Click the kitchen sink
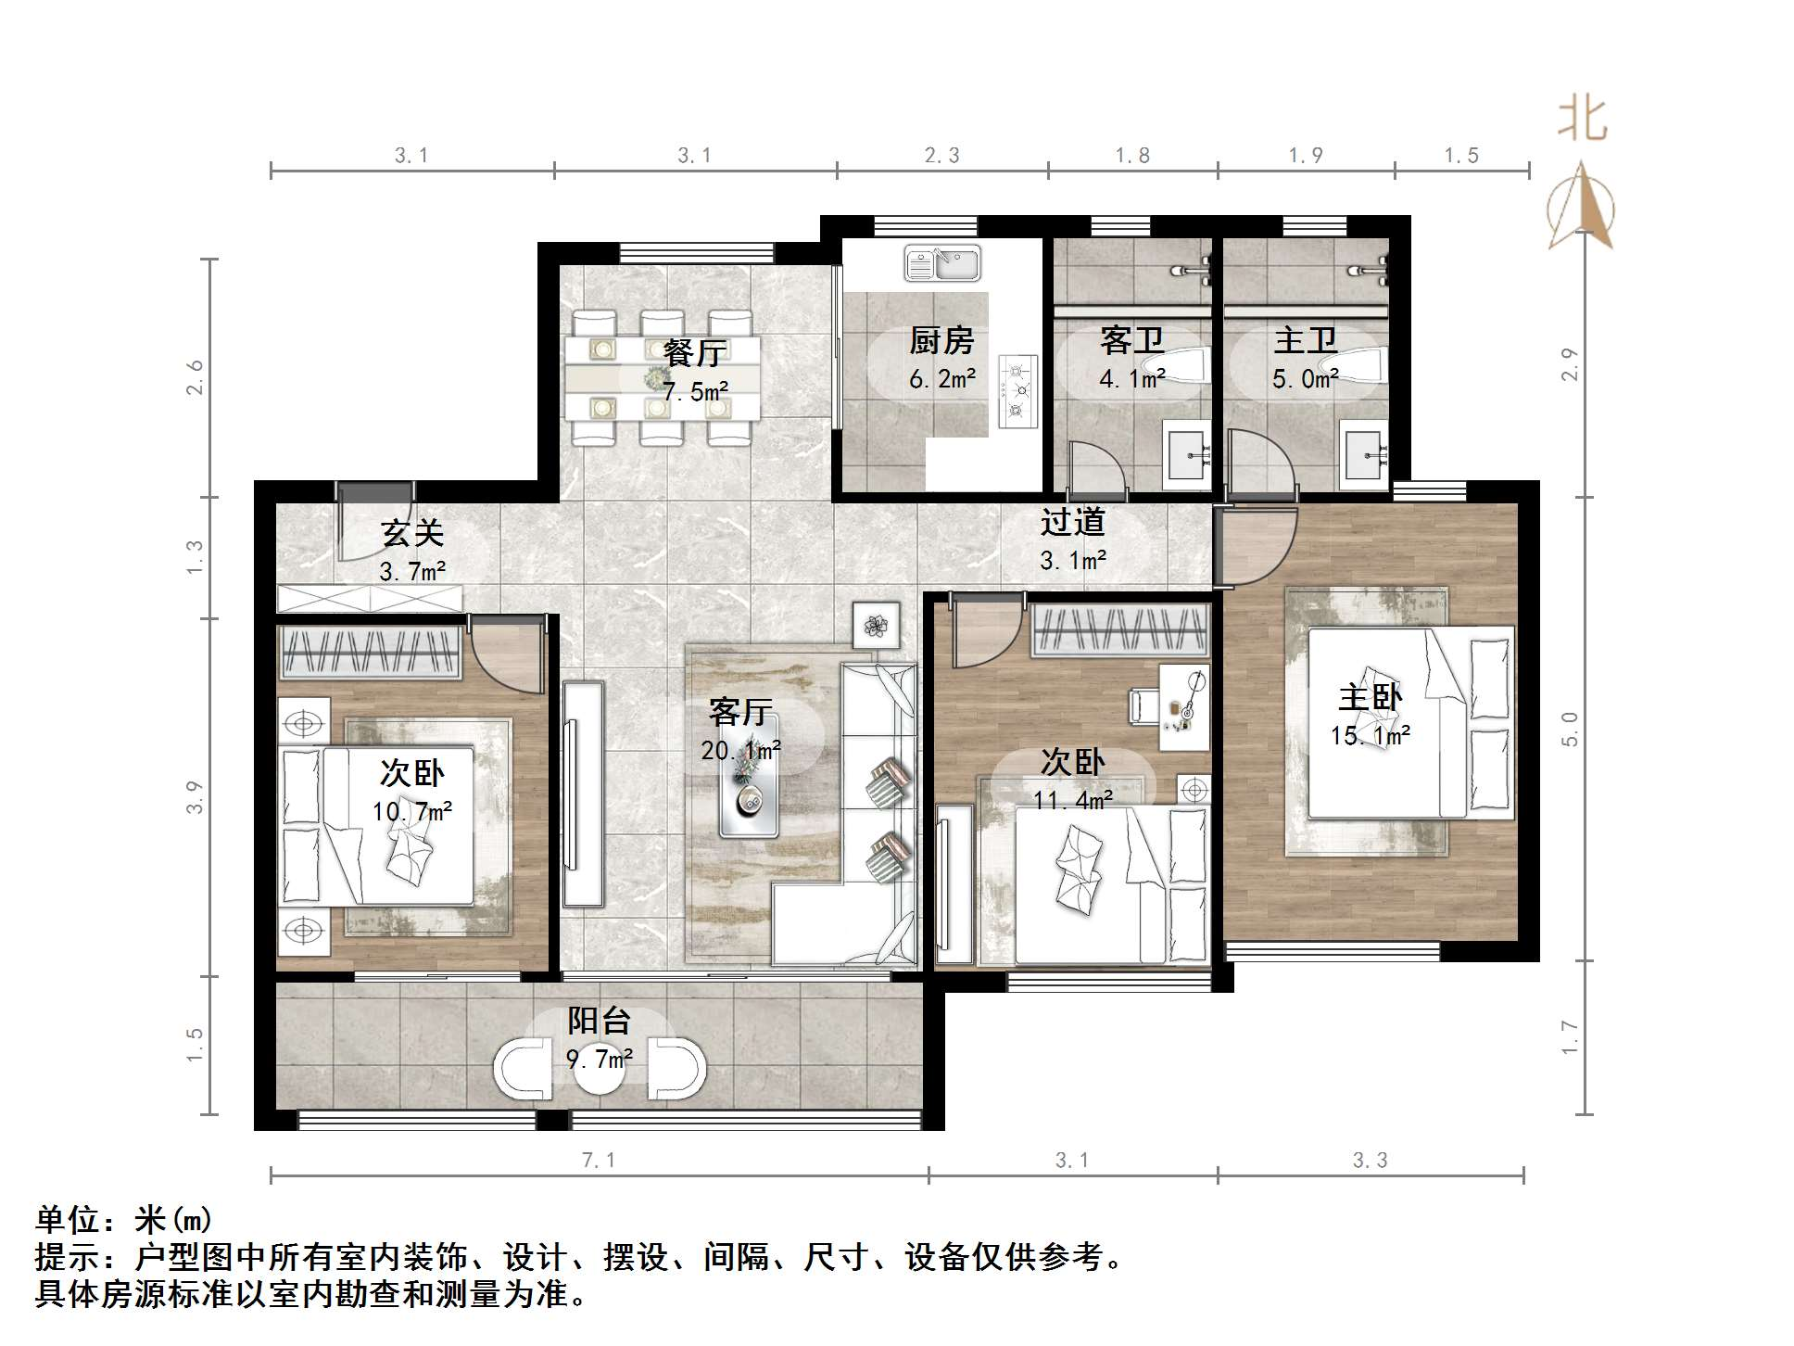pos(942,263)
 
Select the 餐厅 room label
pos(695,353)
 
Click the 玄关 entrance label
pos(412,533)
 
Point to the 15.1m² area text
pos(1371,736)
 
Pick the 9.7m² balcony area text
pos(600,1058)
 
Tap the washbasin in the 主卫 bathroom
pos(1362,455)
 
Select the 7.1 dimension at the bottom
pos(599,1160)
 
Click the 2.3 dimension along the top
pos(942,156)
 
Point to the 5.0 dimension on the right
pos(1569,729)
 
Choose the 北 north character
pos(1582,121)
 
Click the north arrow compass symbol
pos(1581,209)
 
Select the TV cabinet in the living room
pos(583,794)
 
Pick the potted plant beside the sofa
pos(876,626)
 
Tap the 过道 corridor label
pos(1073,523)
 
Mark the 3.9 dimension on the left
pos(194,798)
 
